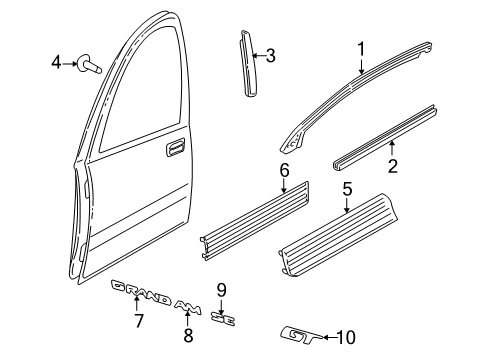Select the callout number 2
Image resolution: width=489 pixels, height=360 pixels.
[392, 165]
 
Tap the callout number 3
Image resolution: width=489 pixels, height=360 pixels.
[269, 55]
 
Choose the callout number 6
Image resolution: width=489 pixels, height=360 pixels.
[284, 170]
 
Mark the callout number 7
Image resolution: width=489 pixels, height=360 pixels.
[139, 321]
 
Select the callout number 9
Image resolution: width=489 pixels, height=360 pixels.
[222, 290]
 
